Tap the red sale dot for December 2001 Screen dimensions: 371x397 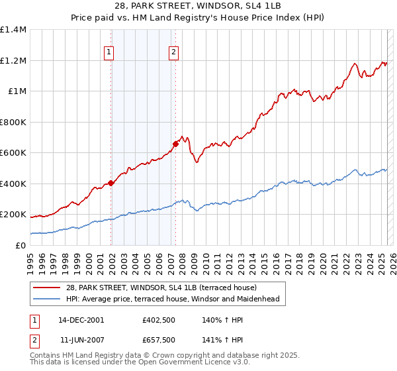click(x=111, y=184)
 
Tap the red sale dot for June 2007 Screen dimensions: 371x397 click(x=175, y=144)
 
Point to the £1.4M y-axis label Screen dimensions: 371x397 click(x=13, y=30)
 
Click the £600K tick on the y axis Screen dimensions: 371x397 click(x=13, y=153)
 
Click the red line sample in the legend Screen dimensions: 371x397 click(x=47, y=288)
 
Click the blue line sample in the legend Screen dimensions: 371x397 click(x=47, y=299)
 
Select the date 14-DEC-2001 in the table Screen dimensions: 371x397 click(x=81, y=319)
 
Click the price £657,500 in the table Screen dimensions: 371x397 click(x=159, y=340)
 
